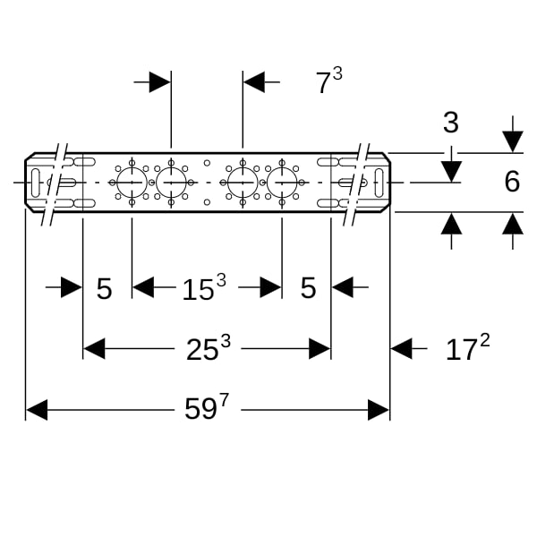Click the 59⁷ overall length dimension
point(206,407)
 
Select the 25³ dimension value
point(209,347)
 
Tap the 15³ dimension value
point(204,287)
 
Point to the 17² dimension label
point(468,347)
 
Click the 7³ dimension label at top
point(328,81)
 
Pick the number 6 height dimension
point(512,182)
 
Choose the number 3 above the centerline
point(451,123)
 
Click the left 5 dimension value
point(104,289)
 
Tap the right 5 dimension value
point(308,287)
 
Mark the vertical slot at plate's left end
point(35,183)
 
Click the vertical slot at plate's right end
point(379,183)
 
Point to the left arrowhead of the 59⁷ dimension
point(37,410)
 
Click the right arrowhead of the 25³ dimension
point(320,349)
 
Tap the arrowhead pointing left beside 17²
point(401,349)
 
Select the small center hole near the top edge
point(207,163)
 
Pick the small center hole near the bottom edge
point(207,202)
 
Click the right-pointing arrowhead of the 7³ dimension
point(160,81)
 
